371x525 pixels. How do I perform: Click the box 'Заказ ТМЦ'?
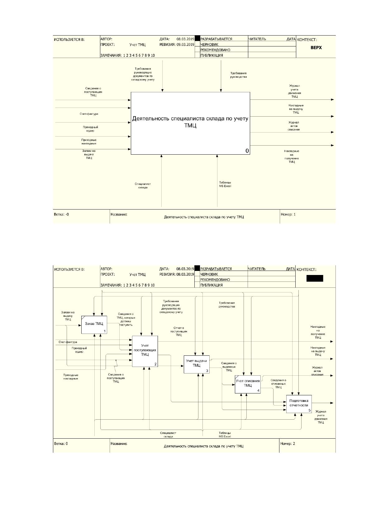pyautogui.click(x=94, y=325)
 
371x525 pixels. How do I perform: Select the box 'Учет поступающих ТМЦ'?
pyautogui.click(x=145, y=351)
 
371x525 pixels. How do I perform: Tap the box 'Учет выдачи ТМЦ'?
pyautogui.click(x=197, y=364)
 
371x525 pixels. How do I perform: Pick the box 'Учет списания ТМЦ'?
pyautogui.click(x=248, y=384)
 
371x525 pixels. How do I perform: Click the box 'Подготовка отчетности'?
pyautogui.click(x=299, y=404)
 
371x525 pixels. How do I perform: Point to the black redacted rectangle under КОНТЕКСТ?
pyautogui.click(x=315, y=278)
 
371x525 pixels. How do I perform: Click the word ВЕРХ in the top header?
pyautogui.click(x=316, y=48)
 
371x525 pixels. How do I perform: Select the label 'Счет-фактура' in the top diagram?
pyautogui.click(x=89, y=114)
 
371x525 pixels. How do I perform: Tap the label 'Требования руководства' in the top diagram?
pyautogui.click(x=238, y=75)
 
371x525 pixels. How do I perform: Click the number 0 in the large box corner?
pyautogui.click(x=247, y=151)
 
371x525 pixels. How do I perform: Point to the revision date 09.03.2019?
pyautogui.click(x=185, y=45)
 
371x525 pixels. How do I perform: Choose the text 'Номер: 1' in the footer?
pyautogui.click(x=288, y=214)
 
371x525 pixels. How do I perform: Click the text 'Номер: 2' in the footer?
pyautogui.click(x=288, y=443)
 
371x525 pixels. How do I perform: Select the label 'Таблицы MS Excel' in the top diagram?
pyautogui.click(x=225, y=184)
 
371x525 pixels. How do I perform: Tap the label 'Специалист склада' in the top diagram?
pyautogui.click(x=143, y=185)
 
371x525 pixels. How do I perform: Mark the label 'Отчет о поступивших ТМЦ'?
pyautogui.click(x=179, y=331)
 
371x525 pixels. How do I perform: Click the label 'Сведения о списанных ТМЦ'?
pyautogui.click(x=278, y=384)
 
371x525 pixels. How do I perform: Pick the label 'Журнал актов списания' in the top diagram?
pyautogui.click(x=294, y=126)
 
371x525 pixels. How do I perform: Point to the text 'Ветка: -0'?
pyautogui.click(x=61, y=214)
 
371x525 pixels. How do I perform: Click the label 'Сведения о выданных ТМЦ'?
pyautogui.click(x=229, y=367)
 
